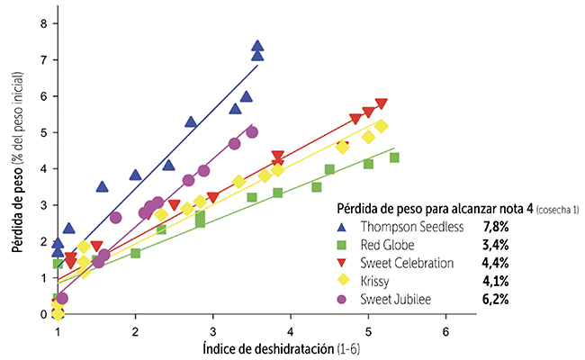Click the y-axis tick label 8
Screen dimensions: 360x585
43,23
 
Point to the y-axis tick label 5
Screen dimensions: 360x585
43,132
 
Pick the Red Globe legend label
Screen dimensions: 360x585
386,245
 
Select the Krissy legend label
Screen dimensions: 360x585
375,281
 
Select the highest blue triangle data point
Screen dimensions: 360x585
257,46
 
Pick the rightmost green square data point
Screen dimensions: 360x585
394,157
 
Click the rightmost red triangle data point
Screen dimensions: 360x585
382,104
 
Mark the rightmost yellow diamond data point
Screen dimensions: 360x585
381,126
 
